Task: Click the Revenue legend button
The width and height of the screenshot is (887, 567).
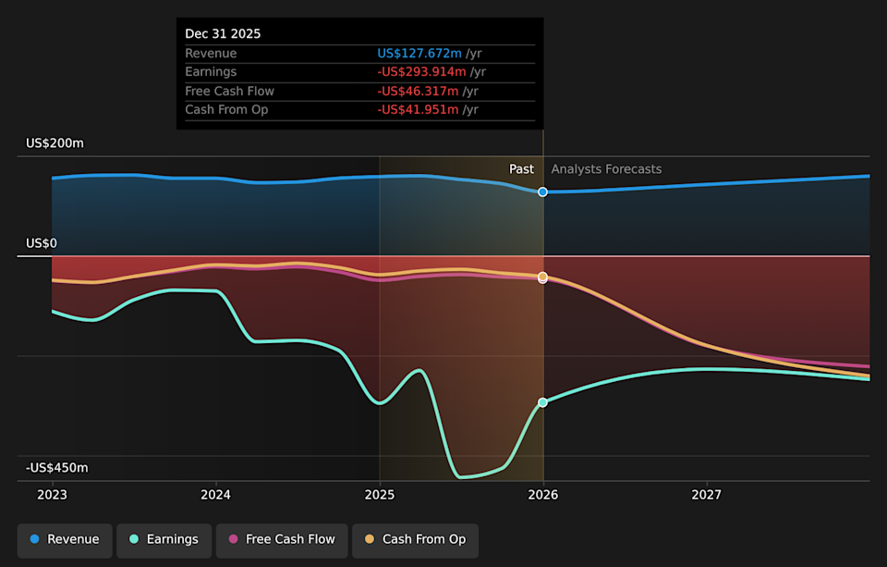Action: click(x=64, y=539)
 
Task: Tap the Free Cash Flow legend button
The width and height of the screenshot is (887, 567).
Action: click(x=282, y=539)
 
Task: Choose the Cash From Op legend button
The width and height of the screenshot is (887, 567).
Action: click(x=415, y=539)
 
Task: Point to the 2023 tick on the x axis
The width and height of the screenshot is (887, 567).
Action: click(x=53, y=495)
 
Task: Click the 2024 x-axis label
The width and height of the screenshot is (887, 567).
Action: click(x=216, y=495)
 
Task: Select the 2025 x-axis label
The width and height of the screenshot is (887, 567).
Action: click(x=380, y=495)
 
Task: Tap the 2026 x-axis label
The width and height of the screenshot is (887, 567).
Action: click(x=543, y=495)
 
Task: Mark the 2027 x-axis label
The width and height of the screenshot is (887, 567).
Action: click(x=707, y=495)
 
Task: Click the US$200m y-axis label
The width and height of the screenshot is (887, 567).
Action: click(x=55, y=143)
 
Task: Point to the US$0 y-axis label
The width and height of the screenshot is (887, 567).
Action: click(x=42, y=243)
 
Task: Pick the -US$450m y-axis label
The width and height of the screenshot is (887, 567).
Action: click(x=56, y=468)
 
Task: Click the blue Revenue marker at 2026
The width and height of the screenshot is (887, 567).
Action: click(x=543, y=191)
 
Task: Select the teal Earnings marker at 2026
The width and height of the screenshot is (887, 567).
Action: click(x=543, y=402)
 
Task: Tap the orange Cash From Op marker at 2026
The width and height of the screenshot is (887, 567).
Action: click(x=543, y=277)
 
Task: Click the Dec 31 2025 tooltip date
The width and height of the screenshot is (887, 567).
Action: click(x=223, y=33)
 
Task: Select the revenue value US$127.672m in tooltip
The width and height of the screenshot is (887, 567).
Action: click(x=419, y=54)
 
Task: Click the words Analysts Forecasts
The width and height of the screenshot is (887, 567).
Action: click(x=606, y=169)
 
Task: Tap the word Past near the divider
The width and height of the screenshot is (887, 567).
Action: click(x=521, y=169)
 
